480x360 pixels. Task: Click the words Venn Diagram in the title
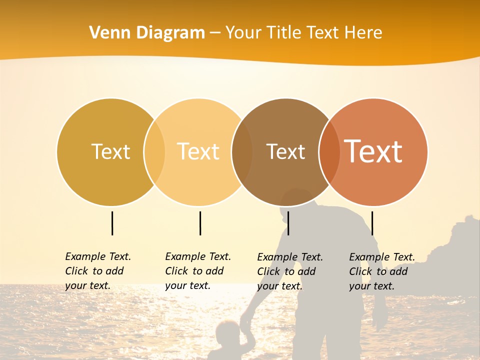tap(147, 33)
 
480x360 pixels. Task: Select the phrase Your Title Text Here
tap(303, 33)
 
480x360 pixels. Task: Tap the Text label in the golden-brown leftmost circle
tap(110, 151)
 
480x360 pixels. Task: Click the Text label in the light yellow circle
tap(198, 151)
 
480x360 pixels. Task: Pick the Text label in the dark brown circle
tap(285, 151)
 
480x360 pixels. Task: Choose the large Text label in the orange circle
tap(373, 151)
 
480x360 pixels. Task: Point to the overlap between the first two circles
tap(154, 151)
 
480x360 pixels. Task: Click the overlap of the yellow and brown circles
tap(242, 151)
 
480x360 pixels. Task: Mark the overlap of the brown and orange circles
tap(329, 151)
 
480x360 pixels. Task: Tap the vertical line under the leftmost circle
tap(112, 223)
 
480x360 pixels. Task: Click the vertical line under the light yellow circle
tap(200, 223)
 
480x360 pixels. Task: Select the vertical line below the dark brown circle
tap(288, 223)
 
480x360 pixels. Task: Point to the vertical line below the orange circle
tap(372, 223)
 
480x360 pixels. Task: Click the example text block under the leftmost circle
tap(98, 271)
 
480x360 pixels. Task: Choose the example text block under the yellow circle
tap(198, 271)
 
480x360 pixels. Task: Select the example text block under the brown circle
tap(290, 271)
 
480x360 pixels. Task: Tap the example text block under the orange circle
tap(382, 271)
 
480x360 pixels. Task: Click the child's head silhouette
tap(227, 332)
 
